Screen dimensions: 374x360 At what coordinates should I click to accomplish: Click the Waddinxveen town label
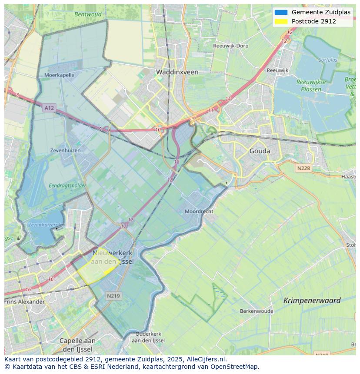177,72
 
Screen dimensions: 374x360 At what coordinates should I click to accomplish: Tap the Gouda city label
260,151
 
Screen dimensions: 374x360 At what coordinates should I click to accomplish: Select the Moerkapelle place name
59,75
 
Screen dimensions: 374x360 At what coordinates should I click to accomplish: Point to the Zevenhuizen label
65,150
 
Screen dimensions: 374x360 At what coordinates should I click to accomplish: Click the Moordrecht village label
199,212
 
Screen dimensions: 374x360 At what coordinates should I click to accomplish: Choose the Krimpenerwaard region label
312,300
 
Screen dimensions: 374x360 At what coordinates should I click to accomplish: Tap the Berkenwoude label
257,311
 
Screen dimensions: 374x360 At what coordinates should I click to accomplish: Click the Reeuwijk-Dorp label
230,46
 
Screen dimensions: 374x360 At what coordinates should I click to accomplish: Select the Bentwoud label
88,14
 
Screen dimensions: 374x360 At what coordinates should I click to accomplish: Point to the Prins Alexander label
25,301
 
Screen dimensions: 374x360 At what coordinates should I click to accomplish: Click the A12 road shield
49,107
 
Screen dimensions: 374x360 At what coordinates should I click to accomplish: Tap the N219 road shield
114,296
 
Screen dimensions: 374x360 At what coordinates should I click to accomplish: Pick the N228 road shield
304,168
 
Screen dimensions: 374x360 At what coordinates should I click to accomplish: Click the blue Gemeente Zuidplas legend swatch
281,12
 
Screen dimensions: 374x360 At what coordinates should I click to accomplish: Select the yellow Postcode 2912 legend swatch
281,21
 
